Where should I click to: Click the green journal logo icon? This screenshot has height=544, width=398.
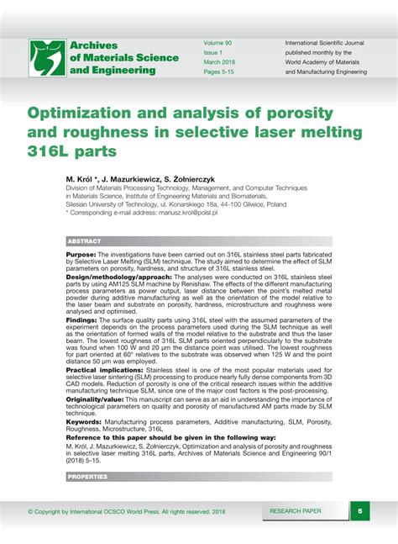tap(47, 58)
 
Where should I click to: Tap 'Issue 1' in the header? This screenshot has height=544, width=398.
tap(214, 52)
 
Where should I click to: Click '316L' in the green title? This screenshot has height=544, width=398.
tap(52, 151)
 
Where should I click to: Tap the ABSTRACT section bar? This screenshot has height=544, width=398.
tap(84, 241)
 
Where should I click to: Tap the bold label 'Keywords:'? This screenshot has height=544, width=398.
tap(83, 421)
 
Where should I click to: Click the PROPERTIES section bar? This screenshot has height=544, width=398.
tap(87, 477)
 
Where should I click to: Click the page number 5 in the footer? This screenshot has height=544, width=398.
tap(359, 510)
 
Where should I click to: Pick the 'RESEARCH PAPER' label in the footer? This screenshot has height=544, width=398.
tap(296, 510)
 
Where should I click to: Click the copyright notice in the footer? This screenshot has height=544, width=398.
tap(126, 510)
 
